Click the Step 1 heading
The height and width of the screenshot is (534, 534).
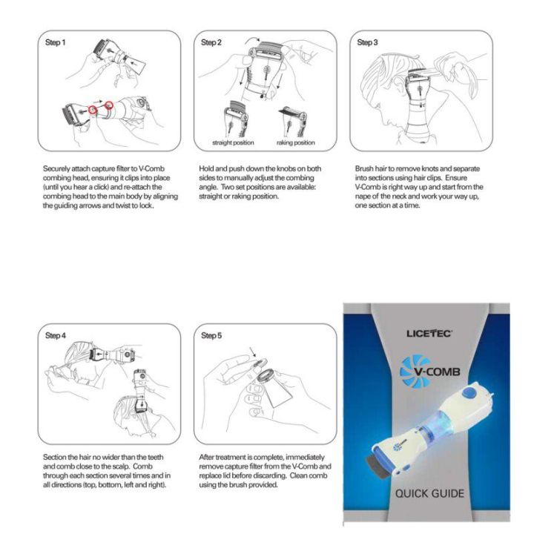(x=56, y=43)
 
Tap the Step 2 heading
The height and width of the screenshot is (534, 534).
(x=211, y=43)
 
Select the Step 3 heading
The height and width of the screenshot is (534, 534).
(x=367, y=43)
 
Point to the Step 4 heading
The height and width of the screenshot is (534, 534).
(x=56, y=336)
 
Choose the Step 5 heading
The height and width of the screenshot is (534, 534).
(x=211, y=336)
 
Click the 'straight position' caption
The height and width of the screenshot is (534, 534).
(x=233, y=142)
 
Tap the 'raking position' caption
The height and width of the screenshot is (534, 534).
(x=296, y=142)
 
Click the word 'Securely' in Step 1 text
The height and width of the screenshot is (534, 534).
(x=56, y=170)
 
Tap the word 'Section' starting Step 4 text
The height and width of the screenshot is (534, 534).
(x=55, y=458)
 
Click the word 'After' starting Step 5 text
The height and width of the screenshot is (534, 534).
(x=208, y=458)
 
